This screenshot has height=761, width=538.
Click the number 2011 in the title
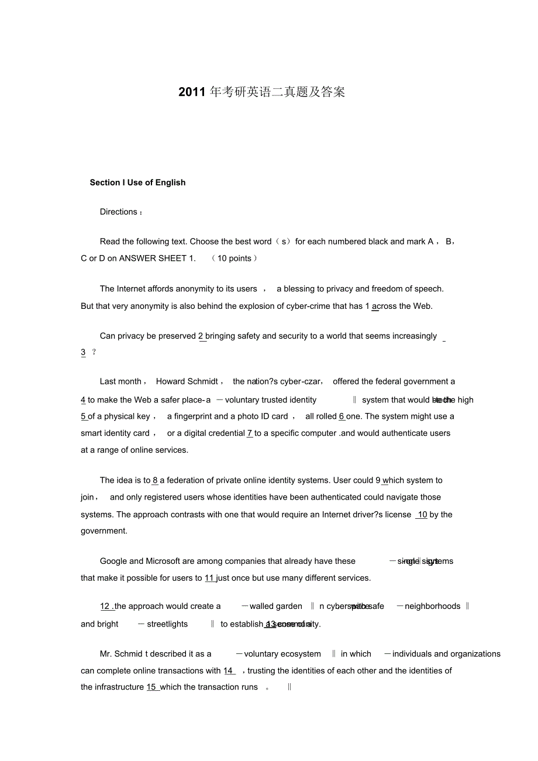tap(192, 92)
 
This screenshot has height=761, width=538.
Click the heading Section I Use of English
tap(137, 182)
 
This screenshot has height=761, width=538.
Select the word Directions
tap(119, 212)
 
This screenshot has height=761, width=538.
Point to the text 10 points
tap(234, 258)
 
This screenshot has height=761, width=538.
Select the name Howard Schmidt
tap(187, 381)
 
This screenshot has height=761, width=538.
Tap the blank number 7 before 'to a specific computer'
tap(250, 433)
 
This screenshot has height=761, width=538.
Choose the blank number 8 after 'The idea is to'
tap(155, 480)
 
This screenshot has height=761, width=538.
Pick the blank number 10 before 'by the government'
tap(422, 515)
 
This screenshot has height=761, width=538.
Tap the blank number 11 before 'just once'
tap(210, 578)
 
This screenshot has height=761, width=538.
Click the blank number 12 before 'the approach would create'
tap(105, 607)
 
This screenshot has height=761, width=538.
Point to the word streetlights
tap(167, 624)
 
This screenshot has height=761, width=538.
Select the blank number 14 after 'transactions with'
tap(229, 671)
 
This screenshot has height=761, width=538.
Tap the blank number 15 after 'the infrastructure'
tap(151, 687)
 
